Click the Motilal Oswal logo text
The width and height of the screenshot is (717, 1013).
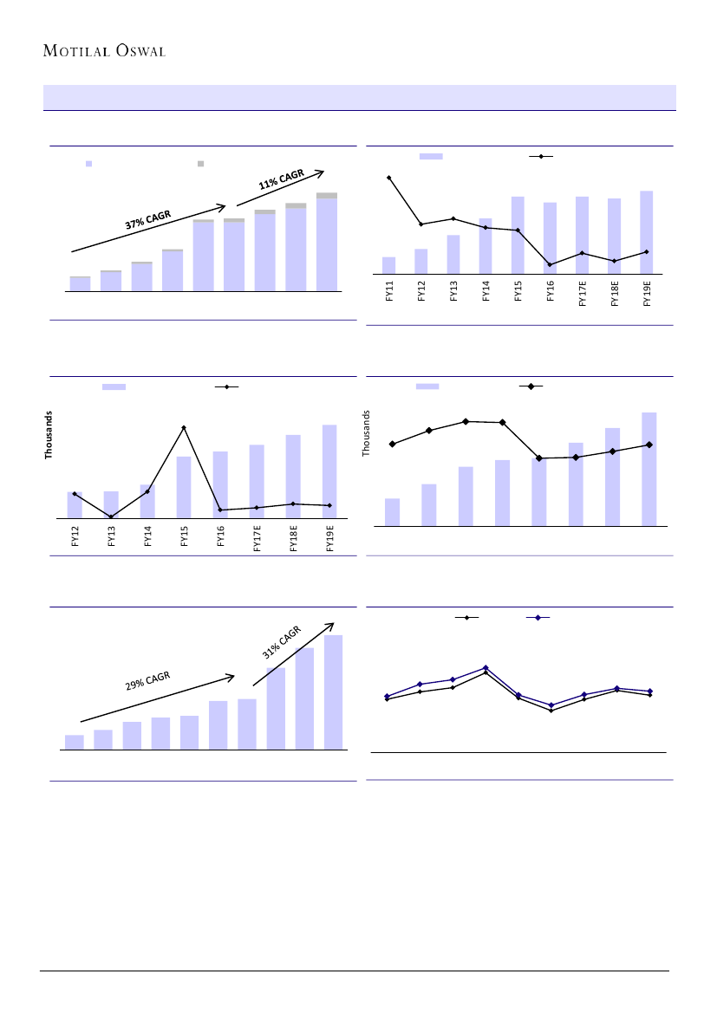coord(104,49)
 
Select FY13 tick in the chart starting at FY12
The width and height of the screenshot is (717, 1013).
coord(112,538)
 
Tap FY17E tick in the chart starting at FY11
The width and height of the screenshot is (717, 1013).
coord(583,295)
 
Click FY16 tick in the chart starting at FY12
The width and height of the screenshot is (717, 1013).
coord(220,538)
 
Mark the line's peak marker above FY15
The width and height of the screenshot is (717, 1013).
coord(184,427)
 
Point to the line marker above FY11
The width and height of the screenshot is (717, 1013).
coord(389,178)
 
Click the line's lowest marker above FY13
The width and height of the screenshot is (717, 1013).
coord(111,516)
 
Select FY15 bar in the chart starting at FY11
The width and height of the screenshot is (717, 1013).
coord(518,235)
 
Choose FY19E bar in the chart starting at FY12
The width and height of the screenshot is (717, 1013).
coord(329,471)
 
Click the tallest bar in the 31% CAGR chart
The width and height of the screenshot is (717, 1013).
coord(333,692)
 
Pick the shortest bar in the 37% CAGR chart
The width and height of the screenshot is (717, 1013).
coord(80,283)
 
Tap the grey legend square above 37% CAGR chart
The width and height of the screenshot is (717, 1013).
coord(200,163)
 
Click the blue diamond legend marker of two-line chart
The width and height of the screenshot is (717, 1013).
coord(538,618)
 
